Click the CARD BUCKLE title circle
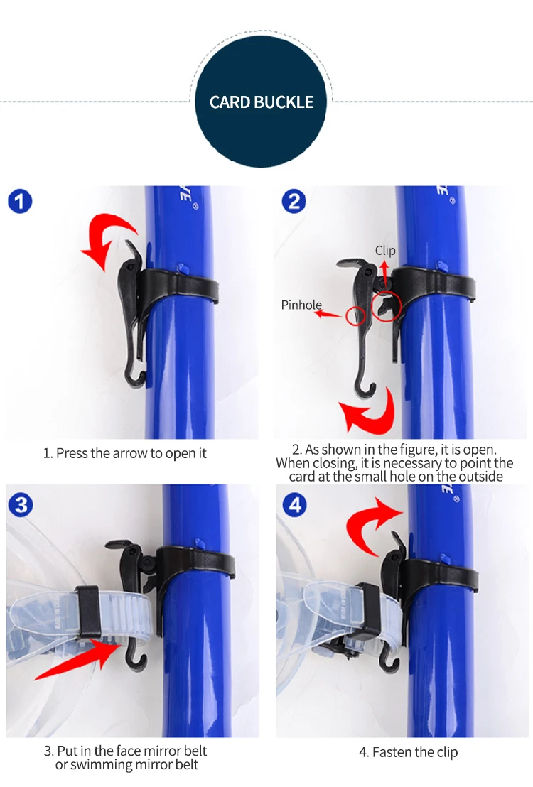click(x=261, y=102)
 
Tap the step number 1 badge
click(x=20, y=201)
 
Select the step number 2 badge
click(x=294, y=201)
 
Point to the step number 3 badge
click(x=21, y=504)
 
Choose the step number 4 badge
click(x=295, y=504)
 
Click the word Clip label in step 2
click(x=385, y=251)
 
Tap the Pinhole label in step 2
click(x=301, y=305)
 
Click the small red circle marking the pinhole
click(x=355, y=315)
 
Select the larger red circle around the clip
click(x=387, y=306)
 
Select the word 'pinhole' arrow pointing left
click(x=328, y=315)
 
